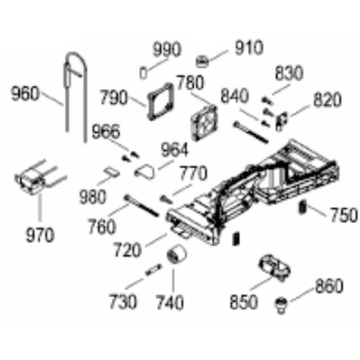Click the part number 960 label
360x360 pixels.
pyautogui.click(x=25, y=94)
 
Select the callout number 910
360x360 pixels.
pyautogui.click(x=249, y=48)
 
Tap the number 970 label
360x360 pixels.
pyautogui.click(x=40, y=235)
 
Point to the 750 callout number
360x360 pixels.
pyautogui.click(x=344, y=215)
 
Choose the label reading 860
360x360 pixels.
pyautogui.click(x=329, y=286)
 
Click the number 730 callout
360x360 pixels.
pyautogui.click(x=123, y=302)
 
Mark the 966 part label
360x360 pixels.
pyautogui.click(x=106, y=132)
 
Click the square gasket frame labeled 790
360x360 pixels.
pyautogui.click(x=161, y=101)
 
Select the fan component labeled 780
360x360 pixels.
pyautogui.click(x=204, y=123)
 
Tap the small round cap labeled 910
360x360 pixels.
pyautogui.click(x=202, y=62)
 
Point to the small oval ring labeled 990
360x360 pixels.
pyautogui.click(x=143, y=73)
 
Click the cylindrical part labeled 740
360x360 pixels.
pyautogui.click(x=176, y=254)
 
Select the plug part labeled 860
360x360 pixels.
pyautogui.click(x=281, y=306)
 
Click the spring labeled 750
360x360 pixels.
pyautogui.click(x=302, y=207)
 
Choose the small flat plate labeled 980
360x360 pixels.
pyautogui.click(x=111, y=171)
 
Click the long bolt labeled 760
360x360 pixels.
pyautogui.click(x=141, y=206)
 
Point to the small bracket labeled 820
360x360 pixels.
pyautogui.click(x=281, y=121)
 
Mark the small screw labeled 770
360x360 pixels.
pyautogui.click(x=166, y=199)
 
